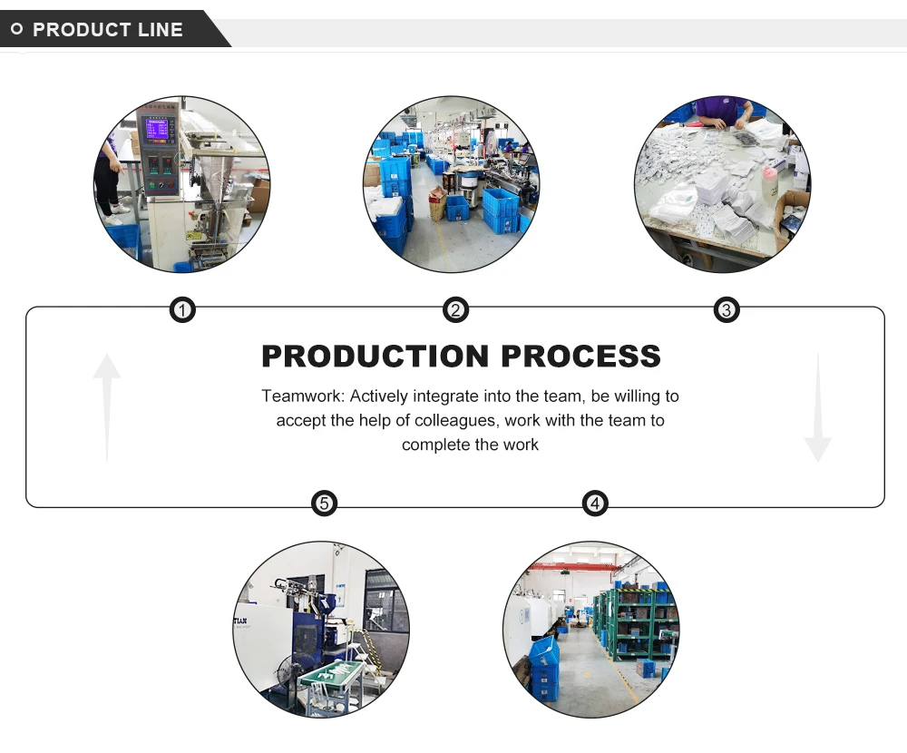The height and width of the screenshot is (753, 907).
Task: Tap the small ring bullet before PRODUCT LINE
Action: pos(16,30)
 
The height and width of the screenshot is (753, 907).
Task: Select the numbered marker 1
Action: pos(183,311)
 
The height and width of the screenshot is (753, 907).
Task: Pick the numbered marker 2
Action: pos(455,311)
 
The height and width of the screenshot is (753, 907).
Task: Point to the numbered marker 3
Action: pos(726,311)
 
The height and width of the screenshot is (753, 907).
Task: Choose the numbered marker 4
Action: pos(594,504)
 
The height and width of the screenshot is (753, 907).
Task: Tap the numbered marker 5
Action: pos(324,504)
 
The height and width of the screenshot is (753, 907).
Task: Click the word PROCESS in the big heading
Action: pos(580,357)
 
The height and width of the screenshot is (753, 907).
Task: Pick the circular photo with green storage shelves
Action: pos(590,630)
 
